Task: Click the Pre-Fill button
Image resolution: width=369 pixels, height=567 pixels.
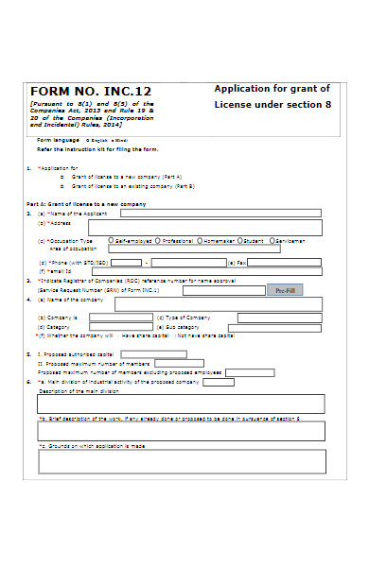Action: pos(285,290)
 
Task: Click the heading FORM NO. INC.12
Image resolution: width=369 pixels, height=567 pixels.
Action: pos(91,92)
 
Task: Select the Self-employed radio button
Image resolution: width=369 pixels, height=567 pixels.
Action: pos(112,240)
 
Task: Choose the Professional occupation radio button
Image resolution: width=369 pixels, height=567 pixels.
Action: pos(157,240)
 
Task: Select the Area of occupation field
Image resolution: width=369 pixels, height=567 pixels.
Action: pos(207,249)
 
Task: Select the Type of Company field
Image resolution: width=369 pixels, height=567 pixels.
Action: pos(279,318)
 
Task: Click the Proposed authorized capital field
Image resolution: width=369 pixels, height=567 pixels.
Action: pos(153,354)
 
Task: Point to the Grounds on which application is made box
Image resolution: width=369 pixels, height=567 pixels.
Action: pos(181,461)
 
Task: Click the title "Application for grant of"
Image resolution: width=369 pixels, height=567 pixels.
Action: pos(272,89)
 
